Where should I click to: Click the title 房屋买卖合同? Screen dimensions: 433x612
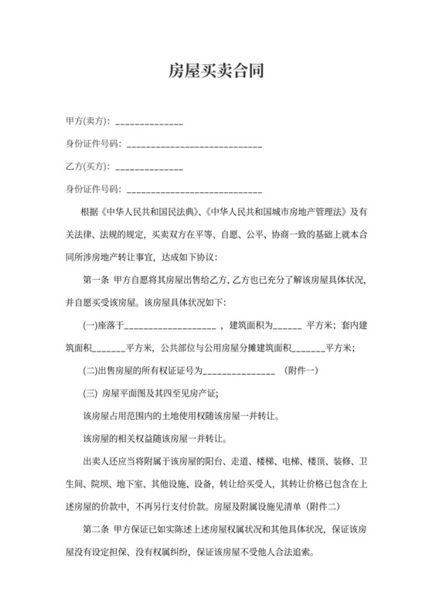coord(216,72)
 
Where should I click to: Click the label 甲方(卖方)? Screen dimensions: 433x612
coord(87,122)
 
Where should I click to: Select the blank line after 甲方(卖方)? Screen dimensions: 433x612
coord(149,124)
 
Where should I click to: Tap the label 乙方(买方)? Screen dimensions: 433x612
coord(87,167)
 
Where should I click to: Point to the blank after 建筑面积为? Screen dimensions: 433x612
coord(287,325)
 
